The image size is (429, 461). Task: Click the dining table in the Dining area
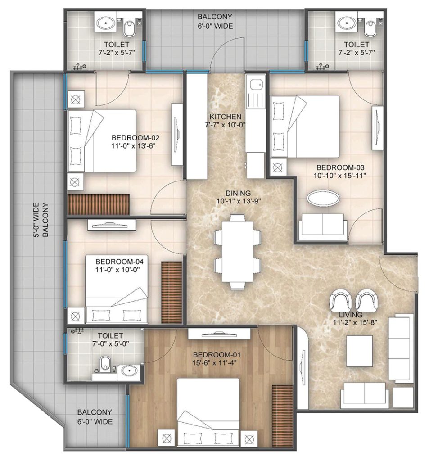(238, 251)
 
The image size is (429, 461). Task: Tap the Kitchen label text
(225, 117)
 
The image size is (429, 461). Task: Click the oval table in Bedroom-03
(323, 199)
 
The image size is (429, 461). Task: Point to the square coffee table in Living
(359, 351)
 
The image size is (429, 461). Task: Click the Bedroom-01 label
(212, 355)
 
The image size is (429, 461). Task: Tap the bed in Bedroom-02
(102, 141)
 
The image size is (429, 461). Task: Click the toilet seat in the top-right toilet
(370, 28)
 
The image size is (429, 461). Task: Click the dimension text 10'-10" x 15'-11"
(340, 176)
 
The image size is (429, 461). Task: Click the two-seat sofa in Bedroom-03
(323, 225)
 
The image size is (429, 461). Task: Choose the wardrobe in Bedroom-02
(99, 205)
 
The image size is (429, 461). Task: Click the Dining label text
(234, 193)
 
